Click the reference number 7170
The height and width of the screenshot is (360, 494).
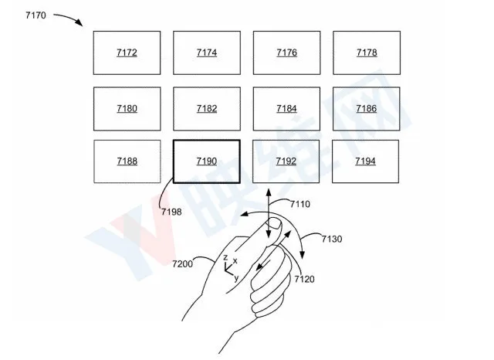(36, 15)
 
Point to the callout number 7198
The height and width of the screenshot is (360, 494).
(171, 212)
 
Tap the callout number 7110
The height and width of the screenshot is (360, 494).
(300, 204)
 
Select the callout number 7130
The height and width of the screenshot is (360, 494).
(332, 239)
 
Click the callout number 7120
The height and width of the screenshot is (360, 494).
(304, 279)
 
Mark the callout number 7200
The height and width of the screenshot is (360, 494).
(182, 263)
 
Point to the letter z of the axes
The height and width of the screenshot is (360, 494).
(225, 257)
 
